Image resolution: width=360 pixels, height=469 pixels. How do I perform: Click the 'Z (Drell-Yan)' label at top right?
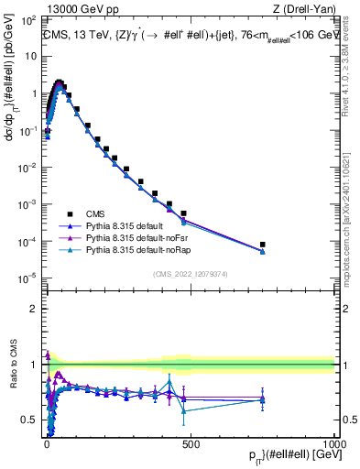(303, 8)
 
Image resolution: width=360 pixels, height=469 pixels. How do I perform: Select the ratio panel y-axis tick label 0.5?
(27, 420)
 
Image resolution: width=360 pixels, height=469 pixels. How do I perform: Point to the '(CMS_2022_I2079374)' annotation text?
(191, 272)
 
